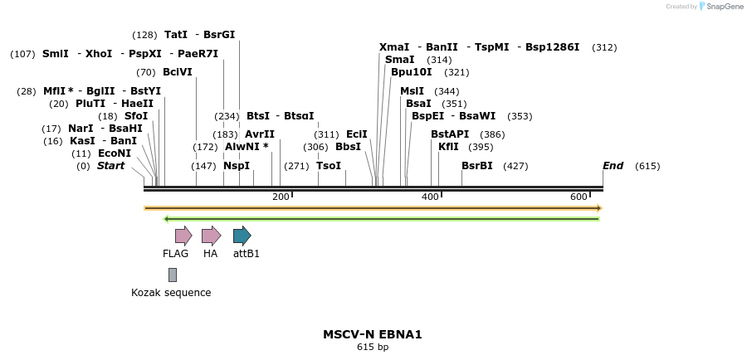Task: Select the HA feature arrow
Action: coord(211,236)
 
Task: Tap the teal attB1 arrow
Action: coord(242,236)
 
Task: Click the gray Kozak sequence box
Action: coord(172,275)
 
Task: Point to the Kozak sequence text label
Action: coord(171,293)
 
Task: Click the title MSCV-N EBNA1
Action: coord(373,334)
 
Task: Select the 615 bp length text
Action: coord(373,348)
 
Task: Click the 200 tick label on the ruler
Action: coord(281,197)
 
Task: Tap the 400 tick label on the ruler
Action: coord(430,197)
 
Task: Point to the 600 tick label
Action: coord(579,197)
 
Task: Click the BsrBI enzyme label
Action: coord(477,166)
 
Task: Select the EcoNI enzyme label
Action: coord(115,153)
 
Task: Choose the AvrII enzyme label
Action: coord(260,134)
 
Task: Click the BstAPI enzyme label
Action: coord(450,134)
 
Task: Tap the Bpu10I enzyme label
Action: coord(412,72)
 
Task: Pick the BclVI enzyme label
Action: coord(178,72)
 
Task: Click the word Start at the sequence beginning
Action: coord(110,166)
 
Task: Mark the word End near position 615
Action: coord(613,166)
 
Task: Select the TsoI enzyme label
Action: coord(329,166)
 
